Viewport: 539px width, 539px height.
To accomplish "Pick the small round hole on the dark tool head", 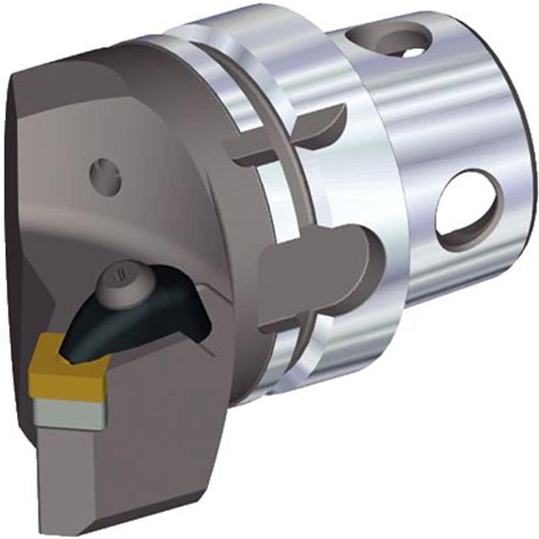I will coord(105,175).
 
